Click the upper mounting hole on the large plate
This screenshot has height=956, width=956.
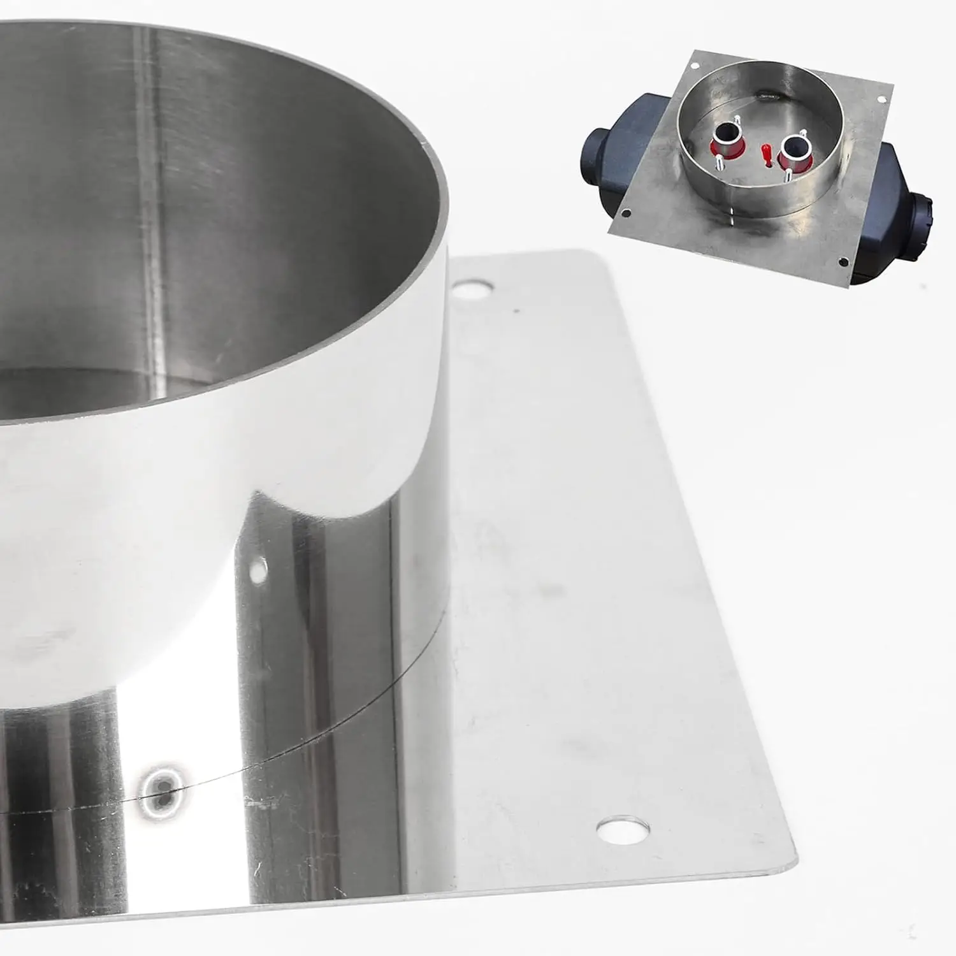[472, 288]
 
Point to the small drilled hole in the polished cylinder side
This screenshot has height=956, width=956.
[257, 571]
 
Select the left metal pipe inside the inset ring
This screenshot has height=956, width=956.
[725, 134]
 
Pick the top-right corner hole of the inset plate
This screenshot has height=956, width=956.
[881, 99]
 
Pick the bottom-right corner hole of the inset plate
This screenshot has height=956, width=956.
[843, 261]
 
